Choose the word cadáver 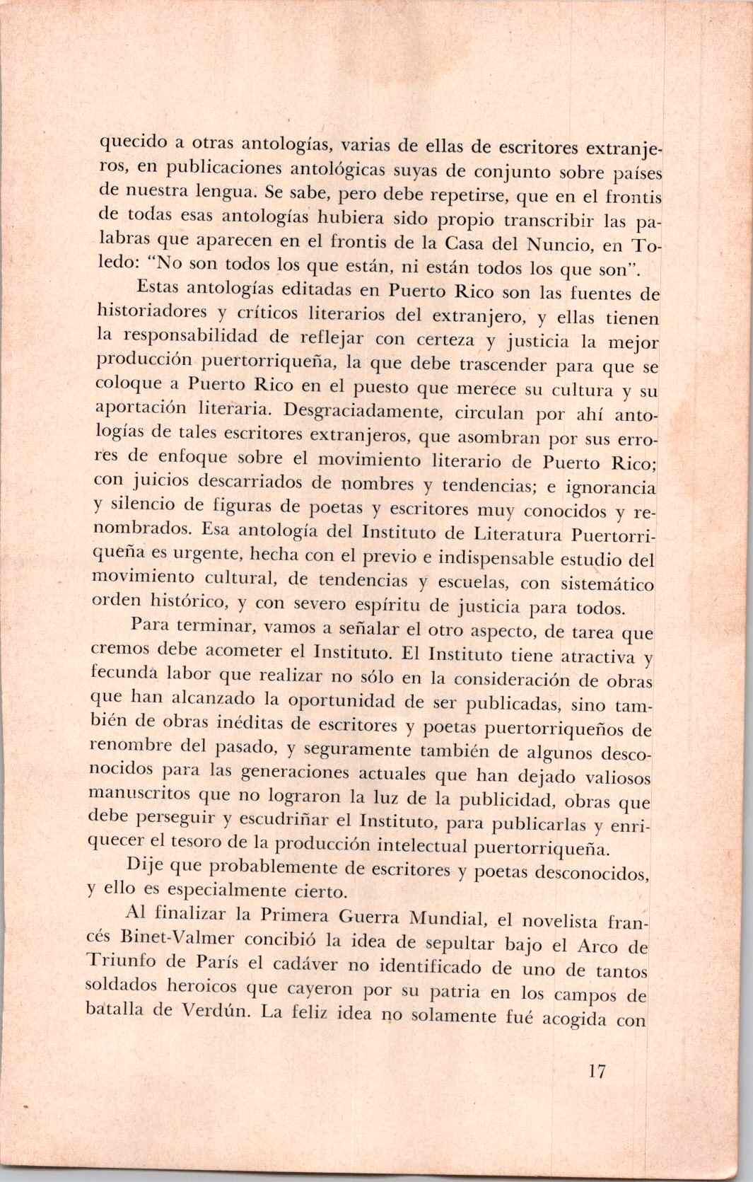298,966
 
